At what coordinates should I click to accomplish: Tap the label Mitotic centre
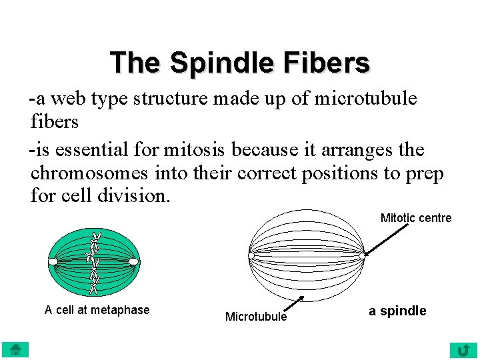coord(415,218)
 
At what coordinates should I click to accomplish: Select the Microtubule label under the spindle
coord(256,317)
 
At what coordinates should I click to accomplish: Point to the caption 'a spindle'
coord(397,311)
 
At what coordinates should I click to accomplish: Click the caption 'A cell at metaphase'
coord(97,309)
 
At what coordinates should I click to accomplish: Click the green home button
coord(15,349)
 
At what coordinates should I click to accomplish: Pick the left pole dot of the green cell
coord(53,261)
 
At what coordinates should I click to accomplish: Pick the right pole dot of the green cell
coord(133,261)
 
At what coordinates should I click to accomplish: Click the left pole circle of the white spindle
coord(251,255)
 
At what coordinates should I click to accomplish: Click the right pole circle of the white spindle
coord(362,255)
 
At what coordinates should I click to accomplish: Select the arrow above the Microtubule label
coord(293,305)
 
